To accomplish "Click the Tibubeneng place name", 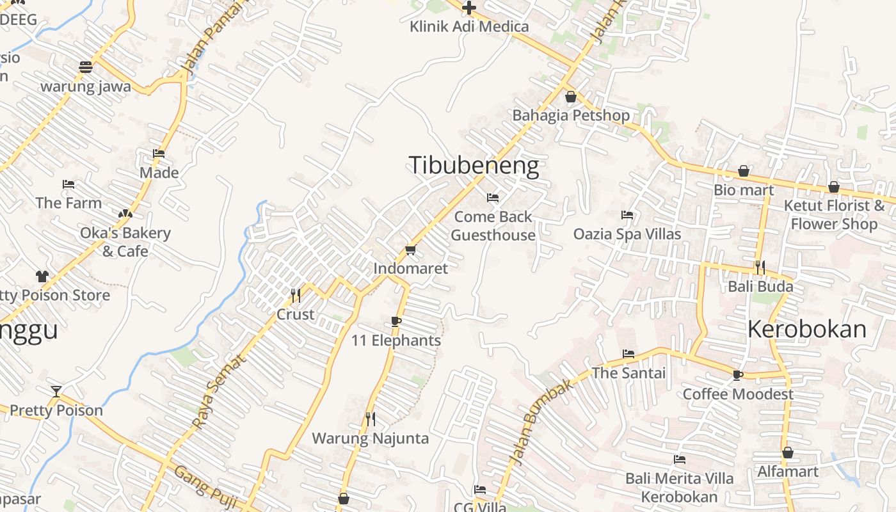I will click(x=474, y=166).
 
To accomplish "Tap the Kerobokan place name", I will click(x=806, y=329).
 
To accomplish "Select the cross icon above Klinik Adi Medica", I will click(x=469, y=8).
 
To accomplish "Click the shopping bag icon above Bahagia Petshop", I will click(x=570, y=97).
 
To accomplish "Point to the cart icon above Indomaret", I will click(x=410, y=250).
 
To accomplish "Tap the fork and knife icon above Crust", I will click(x=295, y=295).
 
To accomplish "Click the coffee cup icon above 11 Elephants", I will click(x=396, y=321).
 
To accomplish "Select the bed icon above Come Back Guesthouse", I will click(x=492, y=198).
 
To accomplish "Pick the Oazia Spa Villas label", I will click(x=627, y=234).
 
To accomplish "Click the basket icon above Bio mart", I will click(x=744, y=171).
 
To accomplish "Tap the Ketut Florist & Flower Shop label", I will click(x=834, y=214).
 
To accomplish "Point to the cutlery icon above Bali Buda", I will click(x=760, y=267).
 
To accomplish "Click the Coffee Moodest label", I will click(x=738, y=394).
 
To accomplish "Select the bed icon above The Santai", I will click(x=628, y=354).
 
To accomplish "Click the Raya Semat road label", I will click(x=218, y=392).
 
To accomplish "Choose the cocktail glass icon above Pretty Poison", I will click(x=56, y=391).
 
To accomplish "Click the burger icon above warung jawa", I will click(x=86, y=67).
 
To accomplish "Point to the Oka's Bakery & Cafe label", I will click(x=125, y=242).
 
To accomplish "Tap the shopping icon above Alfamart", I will click(x=788, y=452).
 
